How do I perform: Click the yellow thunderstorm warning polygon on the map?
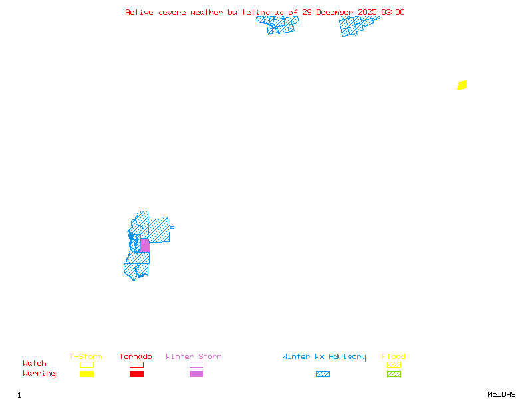[x=462, y=85]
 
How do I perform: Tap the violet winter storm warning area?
[x=144, y=245]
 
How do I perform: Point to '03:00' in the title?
[x=392, y=12]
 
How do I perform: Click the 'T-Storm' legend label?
[x=86, y=357]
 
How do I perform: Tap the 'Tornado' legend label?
[x=136, y=357]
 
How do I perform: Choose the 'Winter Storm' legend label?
[x=194, y=357]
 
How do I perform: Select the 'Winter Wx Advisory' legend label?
[x=324, y=357]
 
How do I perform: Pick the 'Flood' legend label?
[x=394, y=357]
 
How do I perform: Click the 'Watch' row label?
[x=35, y=364]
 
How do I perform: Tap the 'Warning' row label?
[x=39, y=374]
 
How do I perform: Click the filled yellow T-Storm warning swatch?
[x=86, y=374]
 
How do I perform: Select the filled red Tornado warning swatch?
[x=136, y=374]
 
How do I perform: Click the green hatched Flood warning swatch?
[x=394, y=374]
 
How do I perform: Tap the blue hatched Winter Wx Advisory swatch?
[x=323, y=374]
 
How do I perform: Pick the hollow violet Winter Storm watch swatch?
[x=196, y=364]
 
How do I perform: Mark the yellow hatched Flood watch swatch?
[x=394, y=364]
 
